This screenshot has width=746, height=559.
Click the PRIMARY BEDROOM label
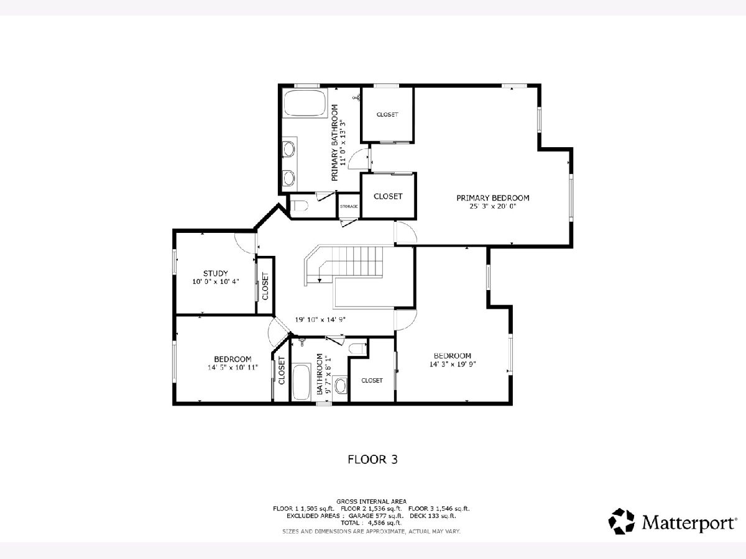pos(492,198)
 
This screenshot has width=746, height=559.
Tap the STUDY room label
pos(216,273)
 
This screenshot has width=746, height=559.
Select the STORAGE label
pos(349,206)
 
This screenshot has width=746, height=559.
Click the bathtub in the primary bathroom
pos(305,103)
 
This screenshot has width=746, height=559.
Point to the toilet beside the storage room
pos(300,206)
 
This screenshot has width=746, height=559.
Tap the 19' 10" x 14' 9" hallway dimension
pos(320,319)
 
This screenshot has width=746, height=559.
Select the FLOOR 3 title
pos(372,460)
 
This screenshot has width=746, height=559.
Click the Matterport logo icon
pos(621,521)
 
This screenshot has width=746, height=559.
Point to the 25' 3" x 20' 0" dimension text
pos(493,206)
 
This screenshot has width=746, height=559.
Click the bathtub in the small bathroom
pos(302,382)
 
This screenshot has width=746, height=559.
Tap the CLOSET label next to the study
pos(265,286)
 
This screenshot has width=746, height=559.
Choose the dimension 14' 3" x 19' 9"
pos(453,364)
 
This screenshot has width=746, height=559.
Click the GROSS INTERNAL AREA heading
pos(371,501)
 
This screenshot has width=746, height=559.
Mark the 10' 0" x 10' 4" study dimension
pos(216,281)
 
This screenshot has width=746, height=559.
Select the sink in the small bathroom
pos(340,385)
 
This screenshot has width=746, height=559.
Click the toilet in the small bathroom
pos(358,348)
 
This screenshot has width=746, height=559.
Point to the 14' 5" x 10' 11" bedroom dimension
pos(233,367)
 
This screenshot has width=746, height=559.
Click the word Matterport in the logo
pos(688,522)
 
